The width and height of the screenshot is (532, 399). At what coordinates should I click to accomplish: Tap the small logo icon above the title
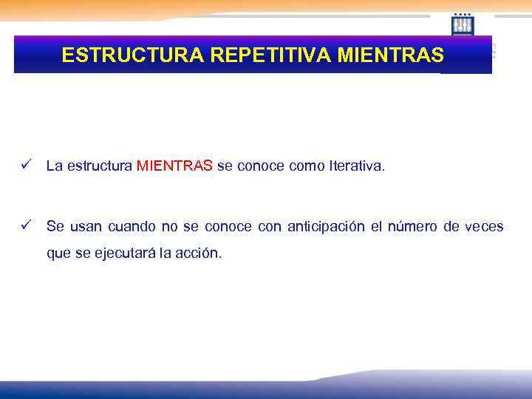(x=463, y=24)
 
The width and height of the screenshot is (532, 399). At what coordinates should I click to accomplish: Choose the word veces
(x=484, y=226)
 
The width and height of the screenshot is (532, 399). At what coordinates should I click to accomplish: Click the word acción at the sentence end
(x=200, y=253)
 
